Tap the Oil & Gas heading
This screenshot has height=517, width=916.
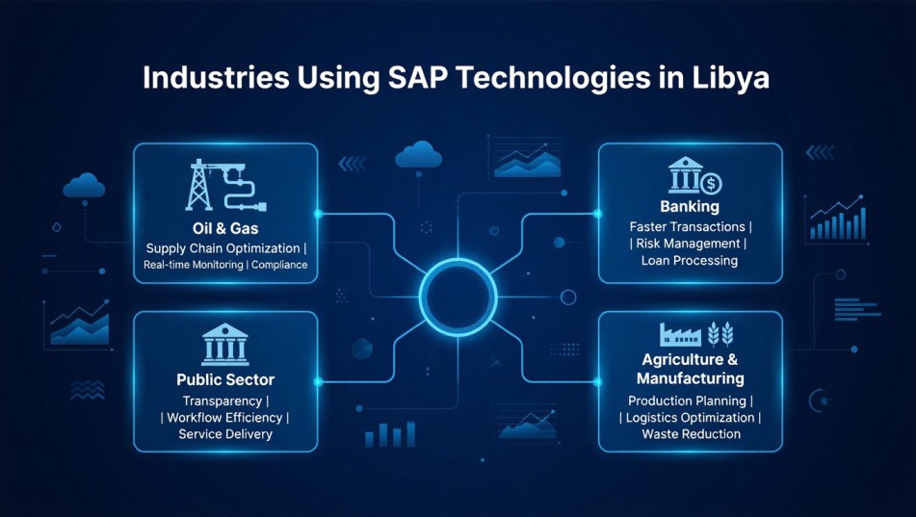[224, 229]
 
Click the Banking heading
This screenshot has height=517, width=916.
[690, 207]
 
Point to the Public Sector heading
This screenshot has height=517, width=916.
[225, 379]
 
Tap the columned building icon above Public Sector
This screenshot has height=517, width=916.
[225, 343]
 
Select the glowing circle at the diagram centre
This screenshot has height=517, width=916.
[457, 289]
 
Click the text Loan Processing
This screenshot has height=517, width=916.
[690, 260]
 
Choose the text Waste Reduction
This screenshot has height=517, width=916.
[691, 434]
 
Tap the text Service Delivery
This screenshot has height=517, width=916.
[225, 434]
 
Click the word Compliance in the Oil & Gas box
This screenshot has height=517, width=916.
[279, 265]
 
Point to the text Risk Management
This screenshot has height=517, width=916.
[690, 244]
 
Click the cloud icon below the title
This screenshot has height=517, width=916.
[418, 153]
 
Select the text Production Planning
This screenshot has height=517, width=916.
[687, 401]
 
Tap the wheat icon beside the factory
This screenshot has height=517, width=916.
[719, 333]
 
